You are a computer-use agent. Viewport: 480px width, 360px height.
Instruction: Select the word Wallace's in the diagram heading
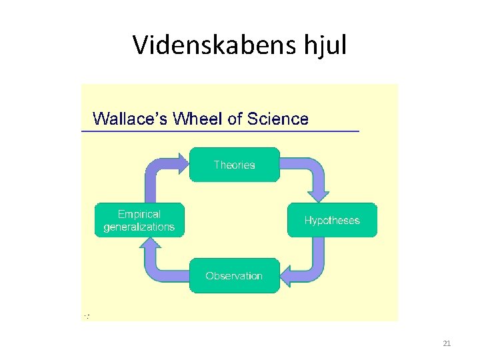(129, 119)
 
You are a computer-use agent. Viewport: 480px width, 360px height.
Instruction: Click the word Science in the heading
(278, 119)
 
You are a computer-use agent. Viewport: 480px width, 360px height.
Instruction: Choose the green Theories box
(234, 165)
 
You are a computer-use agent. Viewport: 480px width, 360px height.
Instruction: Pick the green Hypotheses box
(331, 221)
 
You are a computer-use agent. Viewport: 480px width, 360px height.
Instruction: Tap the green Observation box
(234, 275)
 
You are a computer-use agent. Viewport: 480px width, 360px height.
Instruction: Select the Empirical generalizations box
(139, 220)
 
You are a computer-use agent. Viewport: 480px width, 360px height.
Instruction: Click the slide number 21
(447, 343)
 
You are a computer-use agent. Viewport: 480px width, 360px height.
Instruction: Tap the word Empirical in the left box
(139, 214)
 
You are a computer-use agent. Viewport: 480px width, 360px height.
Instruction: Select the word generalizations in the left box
(139, 227)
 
